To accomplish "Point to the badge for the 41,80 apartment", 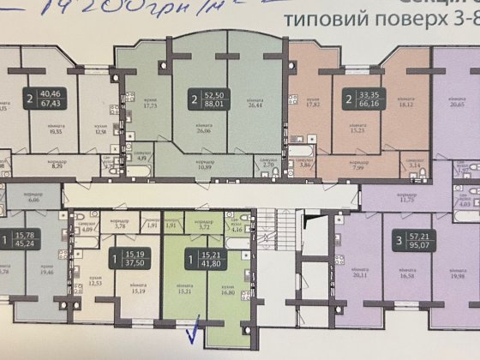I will [201, 257].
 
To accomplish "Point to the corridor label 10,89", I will [203, 164].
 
